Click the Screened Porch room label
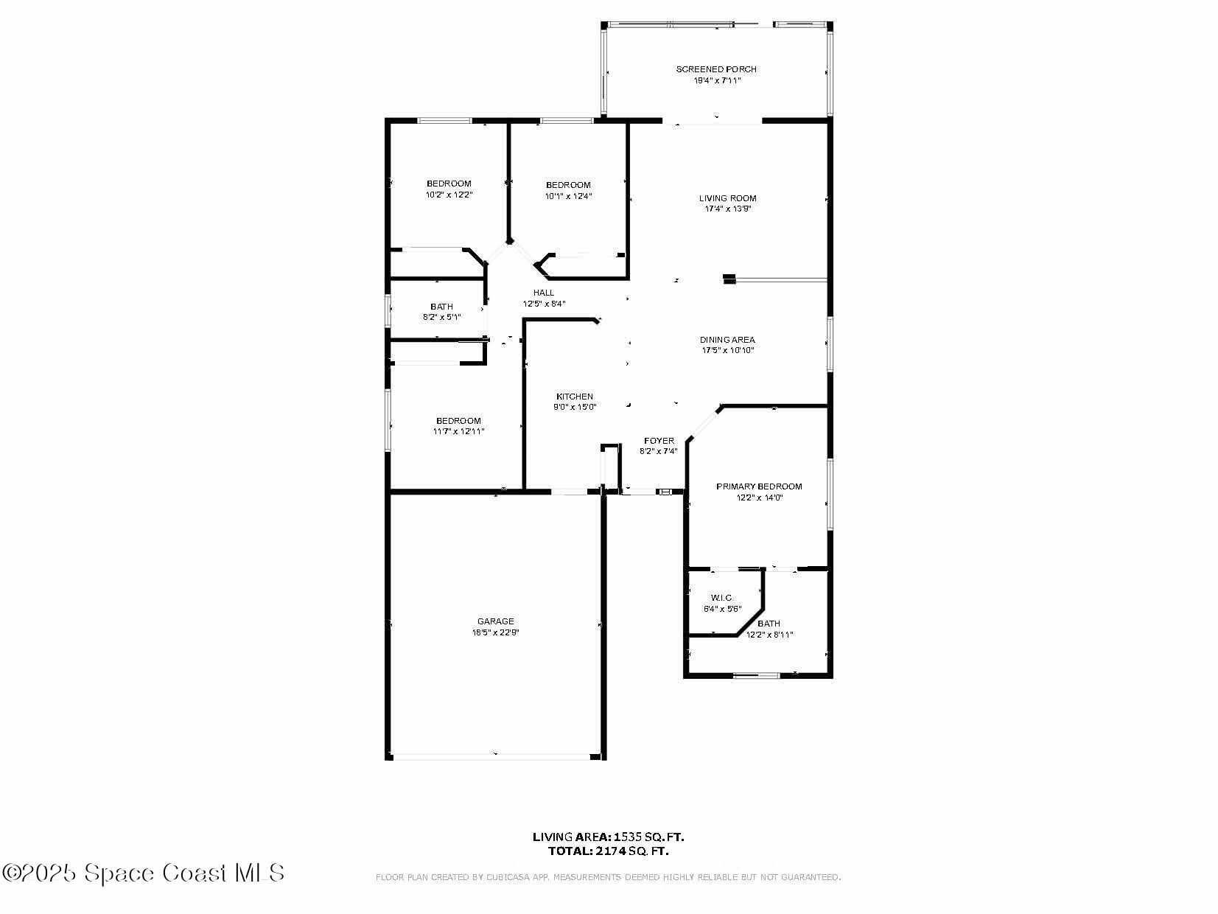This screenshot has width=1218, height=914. click(x=715, y=69)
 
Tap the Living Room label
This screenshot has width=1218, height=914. click(x=727, y=198)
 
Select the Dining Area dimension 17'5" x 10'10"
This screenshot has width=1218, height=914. click(x=727, y=350)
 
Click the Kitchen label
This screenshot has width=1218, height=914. click(x=574, y=397)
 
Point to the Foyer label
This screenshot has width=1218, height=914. click(x=659, y=441)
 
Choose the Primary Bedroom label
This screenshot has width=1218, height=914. click(x=759, y=486)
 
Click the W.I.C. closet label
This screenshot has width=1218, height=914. click(x=722, y=598)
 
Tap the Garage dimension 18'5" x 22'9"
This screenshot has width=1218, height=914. click(x=495, y=632)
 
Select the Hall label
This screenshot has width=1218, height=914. click(x=544, y=293)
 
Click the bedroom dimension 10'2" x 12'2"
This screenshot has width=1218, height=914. click(x=449, y=195)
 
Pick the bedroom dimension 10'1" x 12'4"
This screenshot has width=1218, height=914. click(x=568, y=196)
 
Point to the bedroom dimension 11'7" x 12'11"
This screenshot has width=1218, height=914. click(x=458, y=431)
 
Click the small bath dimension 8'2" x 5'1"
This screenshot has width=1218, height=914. click(x=441, y=317)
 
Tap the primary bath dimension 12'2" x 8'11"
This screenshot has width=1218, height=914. click(x=770, y=635)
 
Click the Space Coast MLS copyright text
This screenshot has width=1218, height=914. click(x=143, y=873)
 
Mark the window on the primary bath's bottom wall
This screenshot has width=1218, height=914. click(x=756, y=675)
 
